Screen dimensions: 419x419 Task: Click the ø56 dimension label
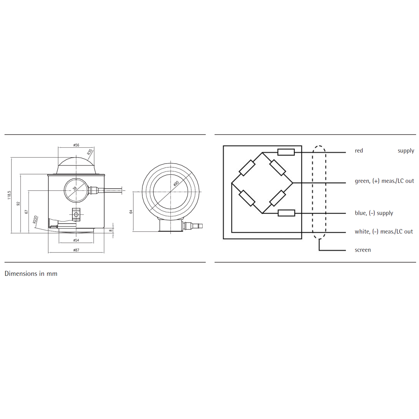tap(76, 145)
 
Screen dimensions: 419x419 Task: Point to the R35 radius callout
tap(90, 152)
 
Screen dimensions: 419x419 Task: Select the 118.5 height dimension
tap(9, 195)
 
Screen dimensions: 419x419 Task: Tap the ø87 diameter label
tap(76, 250)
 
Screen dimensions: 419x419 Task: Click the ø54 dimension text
tap(76, 240)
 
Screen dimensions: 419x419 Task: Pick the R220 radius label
tap(35, 219)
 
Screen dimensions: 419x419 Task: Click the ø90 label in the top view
tap(176, 183)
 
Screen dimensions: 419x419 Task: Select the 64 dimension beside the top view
tap(131, 212)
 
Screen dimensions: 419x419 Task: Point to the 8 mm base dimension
tap(111, 230)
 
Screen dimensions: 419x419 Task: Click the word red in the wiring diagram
tap(359, 151)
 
